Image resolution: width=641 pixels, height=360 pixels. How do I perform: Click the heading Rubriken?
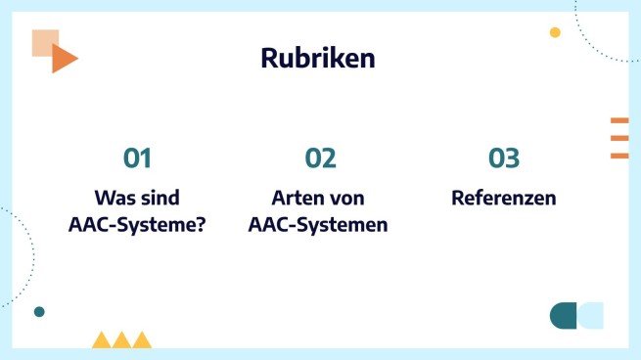point(318,59)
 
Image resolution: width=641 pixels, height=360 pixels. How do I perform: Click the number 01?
point(137,158)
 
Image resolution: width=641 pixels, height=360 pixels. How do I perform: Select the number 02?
point(320,158)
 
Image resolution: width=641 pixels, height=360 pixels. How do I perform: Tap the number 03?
point(504,158)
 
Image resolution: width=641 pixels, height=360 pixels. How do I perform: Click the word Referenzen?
point(504,198)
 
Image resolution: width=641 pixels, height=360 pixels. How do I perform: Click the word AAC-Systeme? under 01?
point(137,224)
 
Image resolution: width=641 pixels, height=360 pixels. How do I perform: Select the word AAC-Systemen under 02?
point(318,224)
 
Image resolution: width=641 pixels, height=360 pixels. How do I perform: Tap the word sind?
point(160,198)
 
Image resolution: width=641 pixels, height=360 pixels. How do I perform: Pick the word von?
point(345,198)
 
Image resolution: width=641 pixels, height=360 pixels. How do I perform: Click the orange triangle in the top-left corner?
point(63,60)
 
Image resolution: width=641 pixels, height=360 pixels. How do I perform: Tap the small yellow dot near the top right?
point(555,32)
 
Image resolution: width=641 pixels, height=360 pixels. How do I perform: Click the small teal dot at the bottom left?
point(39,312)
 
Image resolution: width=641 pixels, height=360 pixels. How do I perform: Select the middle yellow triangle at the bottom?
point(121,340)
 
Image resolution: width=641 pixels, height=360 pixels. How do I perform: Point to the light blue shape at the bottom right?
point(591,315)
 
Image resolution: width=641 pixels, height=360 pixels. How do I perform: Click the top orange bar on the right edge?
point(619,120)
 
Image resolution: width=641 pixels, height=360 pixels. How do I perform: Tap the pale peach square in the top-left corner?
point(43,41)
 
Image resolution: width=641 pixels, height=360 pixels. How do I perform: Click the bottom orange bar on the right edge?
point(619,156)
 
